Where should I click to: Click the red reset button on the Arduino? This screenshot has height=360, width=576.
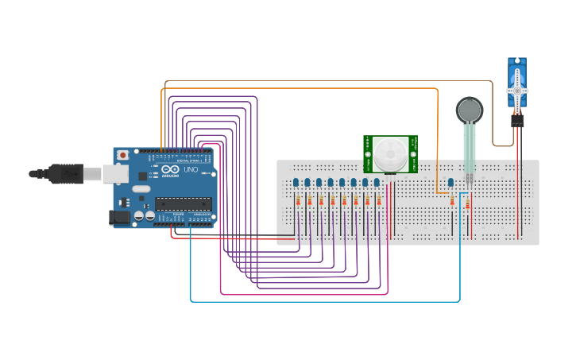click(x=123, y=155)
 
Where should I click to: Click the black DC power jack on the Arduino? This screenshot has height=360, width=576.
click(x=120, y=215)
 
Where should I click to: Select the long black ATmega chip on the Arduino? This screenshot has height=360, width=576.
click(x=183, y=203)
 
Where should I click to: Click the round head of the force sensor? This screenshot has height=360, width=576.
click(x=469, y=110)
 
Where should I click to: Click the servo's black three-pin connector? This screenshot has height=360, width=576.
click(x=517, y=120)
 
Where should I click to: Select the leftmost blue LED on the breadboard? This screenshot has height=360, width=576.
click(x=296, y=183)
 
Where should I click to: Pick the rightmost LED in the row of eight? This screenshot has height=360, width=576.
click(x=377, y=183)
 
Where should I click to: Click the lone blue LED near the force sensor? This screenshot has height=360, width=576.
click(x=450, y=183)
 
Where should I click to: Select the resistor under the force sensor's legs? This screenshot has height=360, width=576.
click(x=467, y=206)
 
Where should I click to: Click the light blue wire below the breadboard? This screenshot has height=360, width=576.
click(x=318, y=302)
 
